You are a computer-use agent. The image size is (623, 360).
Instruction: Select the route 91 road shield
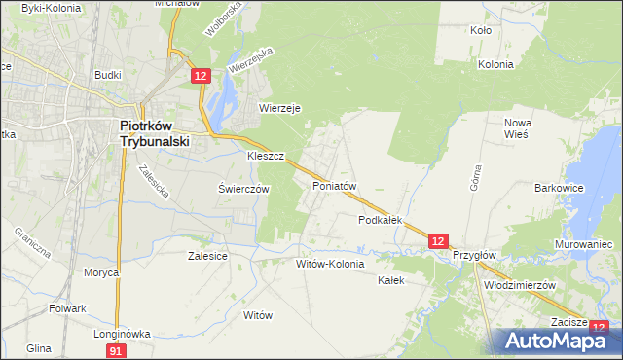click(x=116, y=349)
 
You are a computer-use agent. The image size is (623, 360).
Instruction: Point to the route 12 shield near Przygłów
click(x=438, y=240)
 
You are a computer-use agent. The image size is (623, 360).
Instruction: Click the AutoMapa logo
click(x=554, y=341)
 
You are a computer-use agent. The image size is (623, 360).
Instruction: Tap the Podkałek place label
click(x=380, y=221)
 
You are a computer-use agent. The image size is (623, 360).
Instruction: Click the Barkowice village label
click(x=559, y=188)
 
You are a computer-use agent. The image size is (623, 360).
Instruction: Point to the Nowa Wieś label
click(x=516, y=128)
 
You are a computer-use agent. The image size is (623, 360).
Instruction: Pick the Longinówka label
click(x=122, y=333)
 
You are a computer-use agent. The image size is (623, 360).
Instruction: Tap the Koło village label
click(x=480, y=30)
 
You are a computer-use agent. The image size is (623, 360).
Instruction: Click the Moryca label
click(x=101, y=272)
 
